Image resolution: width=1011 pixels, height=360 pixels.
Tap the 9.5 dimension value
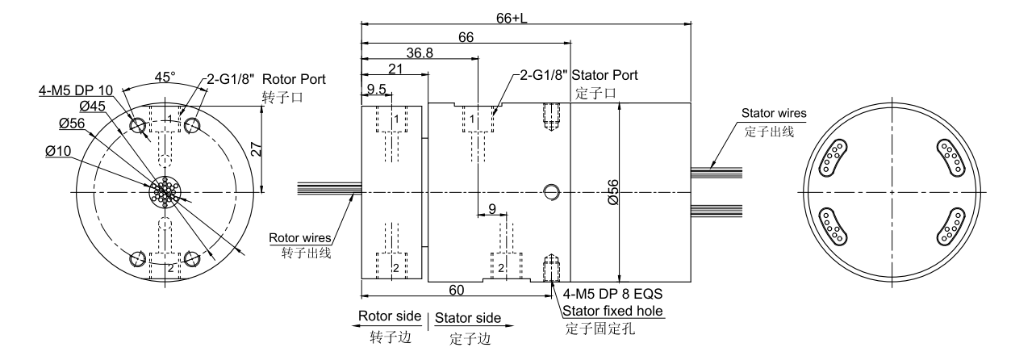pyautogui.click(x=376, y=89)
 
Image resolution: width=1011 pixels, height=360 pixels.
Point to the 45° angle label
pyautogui.click(x=164, y=77)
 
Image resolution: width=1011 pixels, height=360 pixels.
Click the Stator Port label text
pyautogui.click(x=604, y=75)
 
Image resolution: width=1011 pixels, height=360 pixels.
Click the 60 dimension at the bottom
pyautogui.click(x=455, y=288)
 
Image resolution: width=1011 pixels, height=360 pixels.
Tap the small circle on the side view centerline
pyautogui.click(x=552, y=191)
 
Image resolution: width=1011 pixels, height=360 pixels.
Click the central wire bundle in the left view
pyautogui.click(x=165, y=192)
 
